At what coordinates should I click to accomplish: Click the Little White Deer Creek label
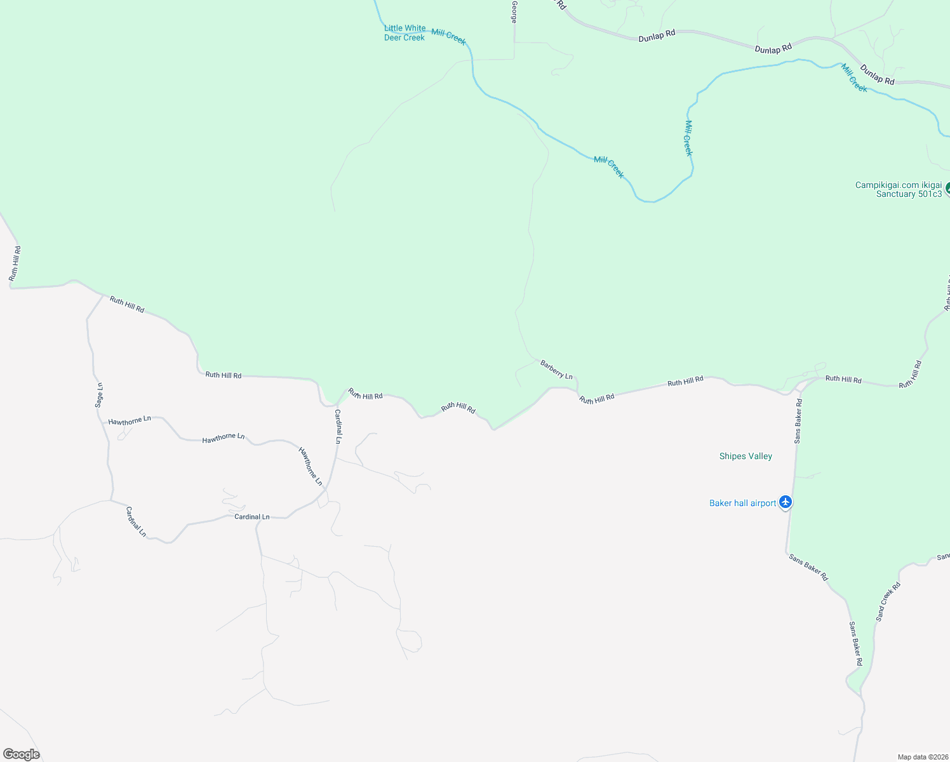(405, 32)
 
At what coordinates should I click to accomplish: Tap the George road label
(514, 12)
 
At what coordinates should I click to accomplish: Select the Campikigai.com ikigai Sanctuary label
(899, 190)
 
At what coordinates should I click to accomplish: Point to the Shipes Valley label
(746, 456)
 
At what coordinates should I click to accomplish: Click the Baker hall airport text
(742, 503)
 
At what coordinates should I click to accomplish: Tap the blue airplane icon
(786, 502)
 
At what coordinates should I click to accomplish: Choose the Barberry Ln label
(556, 370)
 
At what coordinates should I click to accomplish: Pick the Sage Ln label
(99, 395)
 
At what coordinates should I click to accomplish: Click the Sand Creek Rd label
(888, 601)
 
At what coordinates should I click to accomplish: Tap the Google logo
(22, 754)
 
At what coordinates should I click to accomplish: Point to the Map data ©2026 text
(923, 757)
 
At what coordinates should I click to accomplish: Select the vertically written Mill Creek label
(688, 138)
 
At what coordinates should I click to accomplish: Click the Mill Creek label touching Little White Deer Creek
(448, 37)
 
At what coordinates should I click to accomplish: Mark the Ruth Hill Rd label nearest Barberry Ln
(596, 399)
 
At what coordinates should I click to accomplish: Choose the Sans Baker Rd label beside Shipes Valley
(798, 420)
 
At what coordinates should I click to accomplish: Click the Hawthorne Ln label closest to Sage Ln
(130, 421)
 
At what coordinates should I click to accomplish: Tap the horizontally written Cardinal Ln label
(252, 517)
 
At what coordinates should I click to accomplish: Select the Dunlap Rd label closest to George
(657, 36)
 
